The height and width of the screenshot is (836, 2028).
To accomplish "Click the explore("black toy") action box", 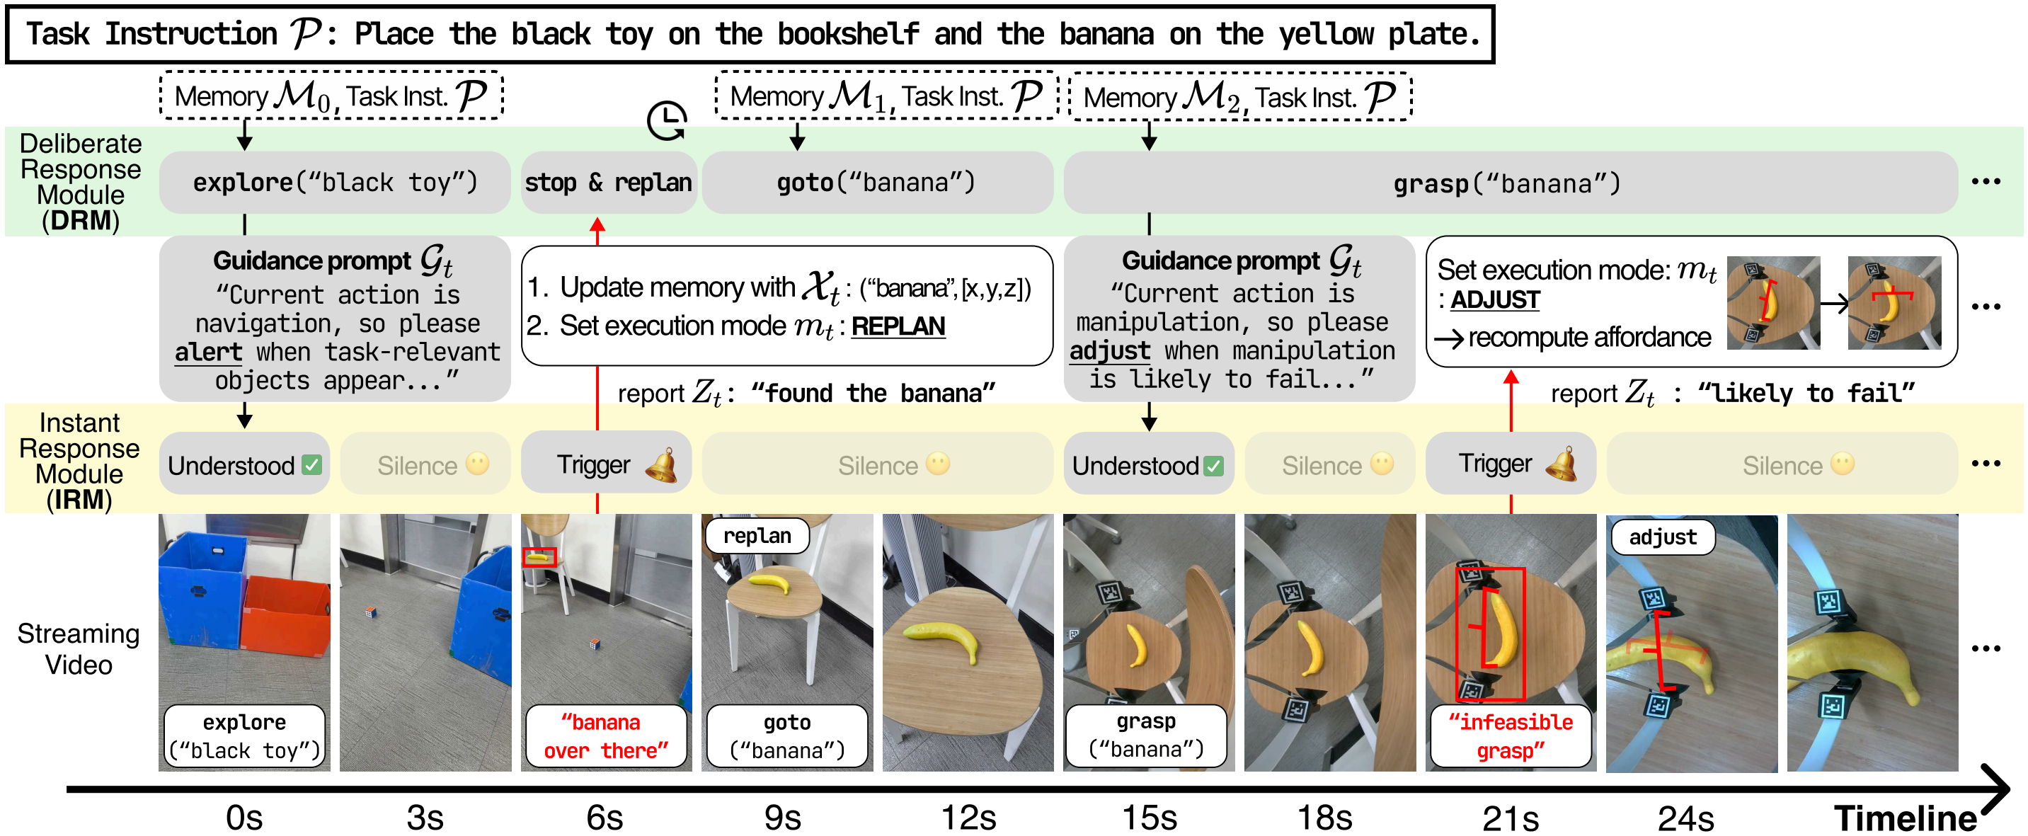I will [x=335, y=183].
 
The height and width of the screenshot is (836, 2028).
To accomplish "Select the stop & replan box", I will [x=608, y=183].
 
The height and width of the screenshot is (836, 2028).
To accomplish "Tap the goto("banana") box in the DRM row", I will [x=876, y=183].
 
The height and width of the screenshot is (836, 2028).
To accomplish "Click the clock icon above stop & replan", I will [x=667, y=120].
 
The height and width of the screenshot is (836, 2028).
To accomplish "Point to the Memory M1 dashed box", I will [x=886, y=96].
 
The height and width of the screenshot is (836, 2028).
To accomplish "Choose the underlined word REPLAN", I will [x=898, y=326].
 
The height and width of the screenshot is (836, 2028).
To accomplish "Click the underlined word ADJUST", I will [x=1495, y=300].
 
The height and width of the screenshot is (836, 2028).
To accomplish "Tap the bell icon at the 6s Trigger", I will [x=661, y=464].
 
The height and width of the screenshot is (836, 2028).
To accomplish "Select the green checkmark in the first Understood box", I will [x=311, y=465].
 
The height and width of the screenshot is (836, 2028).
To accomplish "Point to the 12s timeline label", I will [x=968, y=817].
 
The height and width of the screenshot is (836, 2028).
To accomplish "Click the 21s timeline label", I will [x=1510, y=817].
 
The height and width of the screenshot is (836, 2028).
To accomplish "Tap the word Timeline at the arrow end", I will [x=1904, y=817].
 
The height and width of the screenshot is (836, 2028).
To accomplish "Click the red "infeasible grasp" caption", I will [x=1511, y=736].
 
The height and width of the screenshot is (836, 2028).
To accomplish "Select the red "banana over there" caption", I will [x=605, y=736].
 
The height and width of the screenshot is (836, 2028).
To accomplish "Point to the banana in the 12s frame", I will [x=941, y=638].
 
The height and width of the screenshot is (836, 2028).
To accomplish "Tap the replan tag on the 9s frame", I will [x=757, y=536].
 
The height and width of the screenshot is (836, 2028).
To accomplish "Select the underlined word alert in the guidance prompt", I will [x=209, y=352].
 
